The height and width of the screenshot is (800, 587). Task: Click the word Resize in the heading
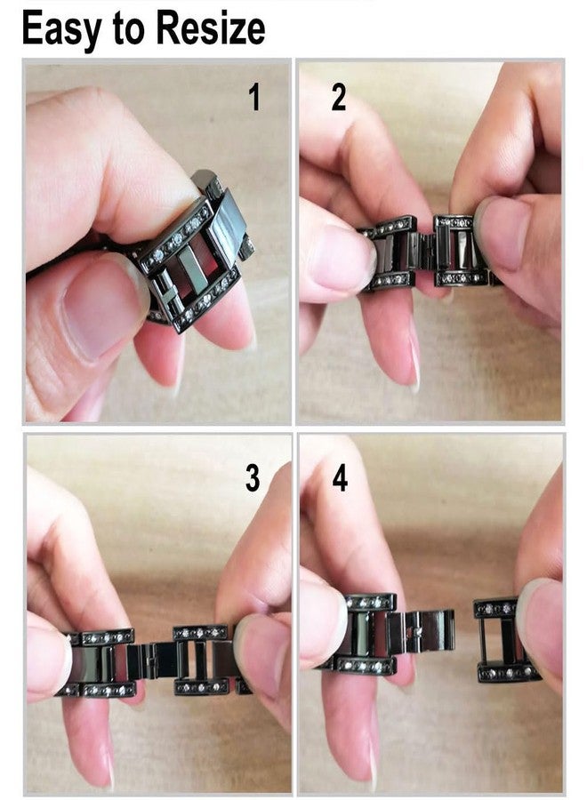[x=210, y=28]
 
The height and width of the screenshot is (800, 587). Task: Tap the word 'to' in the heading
[x=128, y=29]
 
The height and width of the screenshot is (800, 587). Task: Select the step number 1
[x=254, y=98]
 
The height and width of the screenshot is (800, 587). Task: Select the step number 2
[x=339, y=98]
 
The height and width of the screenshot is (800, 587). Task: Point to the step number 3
[x=253, y=478]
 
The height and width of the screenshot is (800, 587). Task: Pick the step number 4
[x=340, y=478]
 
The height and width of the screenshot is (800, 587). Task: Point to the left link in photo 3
[x=102, y=662]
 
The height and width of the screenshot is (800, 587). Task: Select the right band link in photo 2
[x=460, y=250]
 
